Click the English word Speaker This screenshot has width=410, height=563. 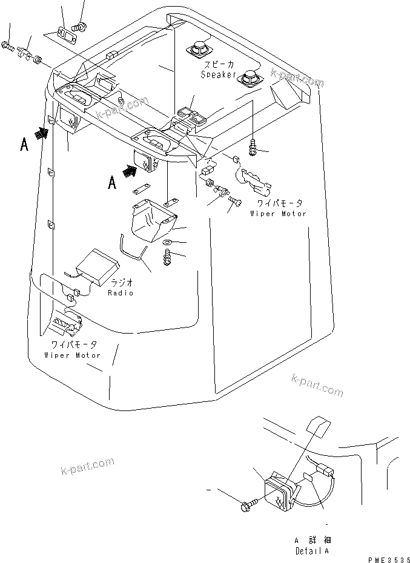click(x=219, y=74)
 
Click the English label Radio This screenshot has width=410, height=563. click(x=120, y=292)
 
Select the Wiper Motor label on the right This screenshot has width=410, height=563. click(x=279, y=214)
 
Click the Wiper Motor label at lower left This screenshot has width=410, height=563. click(x=73, y=355)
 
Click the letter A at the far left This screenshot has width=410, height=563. click(x=24, y=145)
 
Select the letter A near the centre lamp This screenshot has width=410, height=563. click(x=112, y=182)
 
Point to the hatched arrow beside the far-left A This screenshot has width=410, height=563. click(x=42, y=133)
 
